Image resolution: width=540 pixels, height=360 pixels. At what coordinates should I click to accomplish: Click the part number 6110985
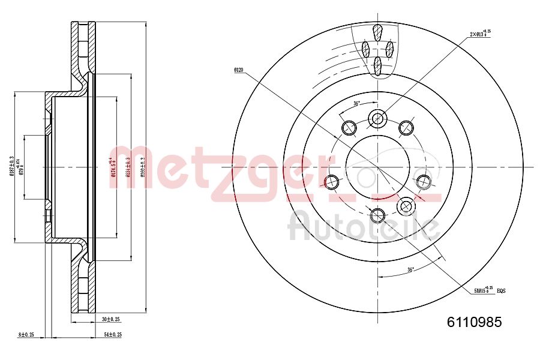pos(474,322)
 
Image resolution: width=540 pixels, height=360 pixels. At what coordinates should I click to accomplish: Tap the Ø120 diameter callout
pos(239,70)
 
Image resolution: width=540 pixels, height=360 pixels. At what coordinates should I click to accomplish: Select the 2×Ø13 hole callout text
pos(480,34)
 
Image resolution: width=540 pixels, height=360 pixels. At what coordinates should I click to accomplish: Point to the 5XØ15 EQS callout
pos(489,290)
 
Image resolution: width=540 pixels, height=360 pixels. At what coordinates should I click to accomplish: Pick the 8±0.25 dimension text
pos(26,334)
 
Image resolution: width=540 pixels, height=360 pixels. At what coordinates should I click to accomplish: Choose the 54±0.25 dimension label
pos(113,334)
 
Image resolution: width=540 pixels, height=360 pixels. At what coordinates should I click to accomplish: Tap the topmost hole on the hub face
pos(377,119)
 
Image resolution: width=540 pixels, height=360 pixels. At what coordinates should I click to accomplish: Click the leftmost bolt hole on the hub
pos(331,181)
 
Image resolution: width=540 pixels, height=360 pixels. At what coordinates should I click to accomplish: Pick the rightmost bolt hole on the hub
pos(424,181)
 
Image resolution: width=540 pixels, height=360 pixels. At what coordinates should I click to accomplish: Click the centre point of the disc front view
pos(377,167)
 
